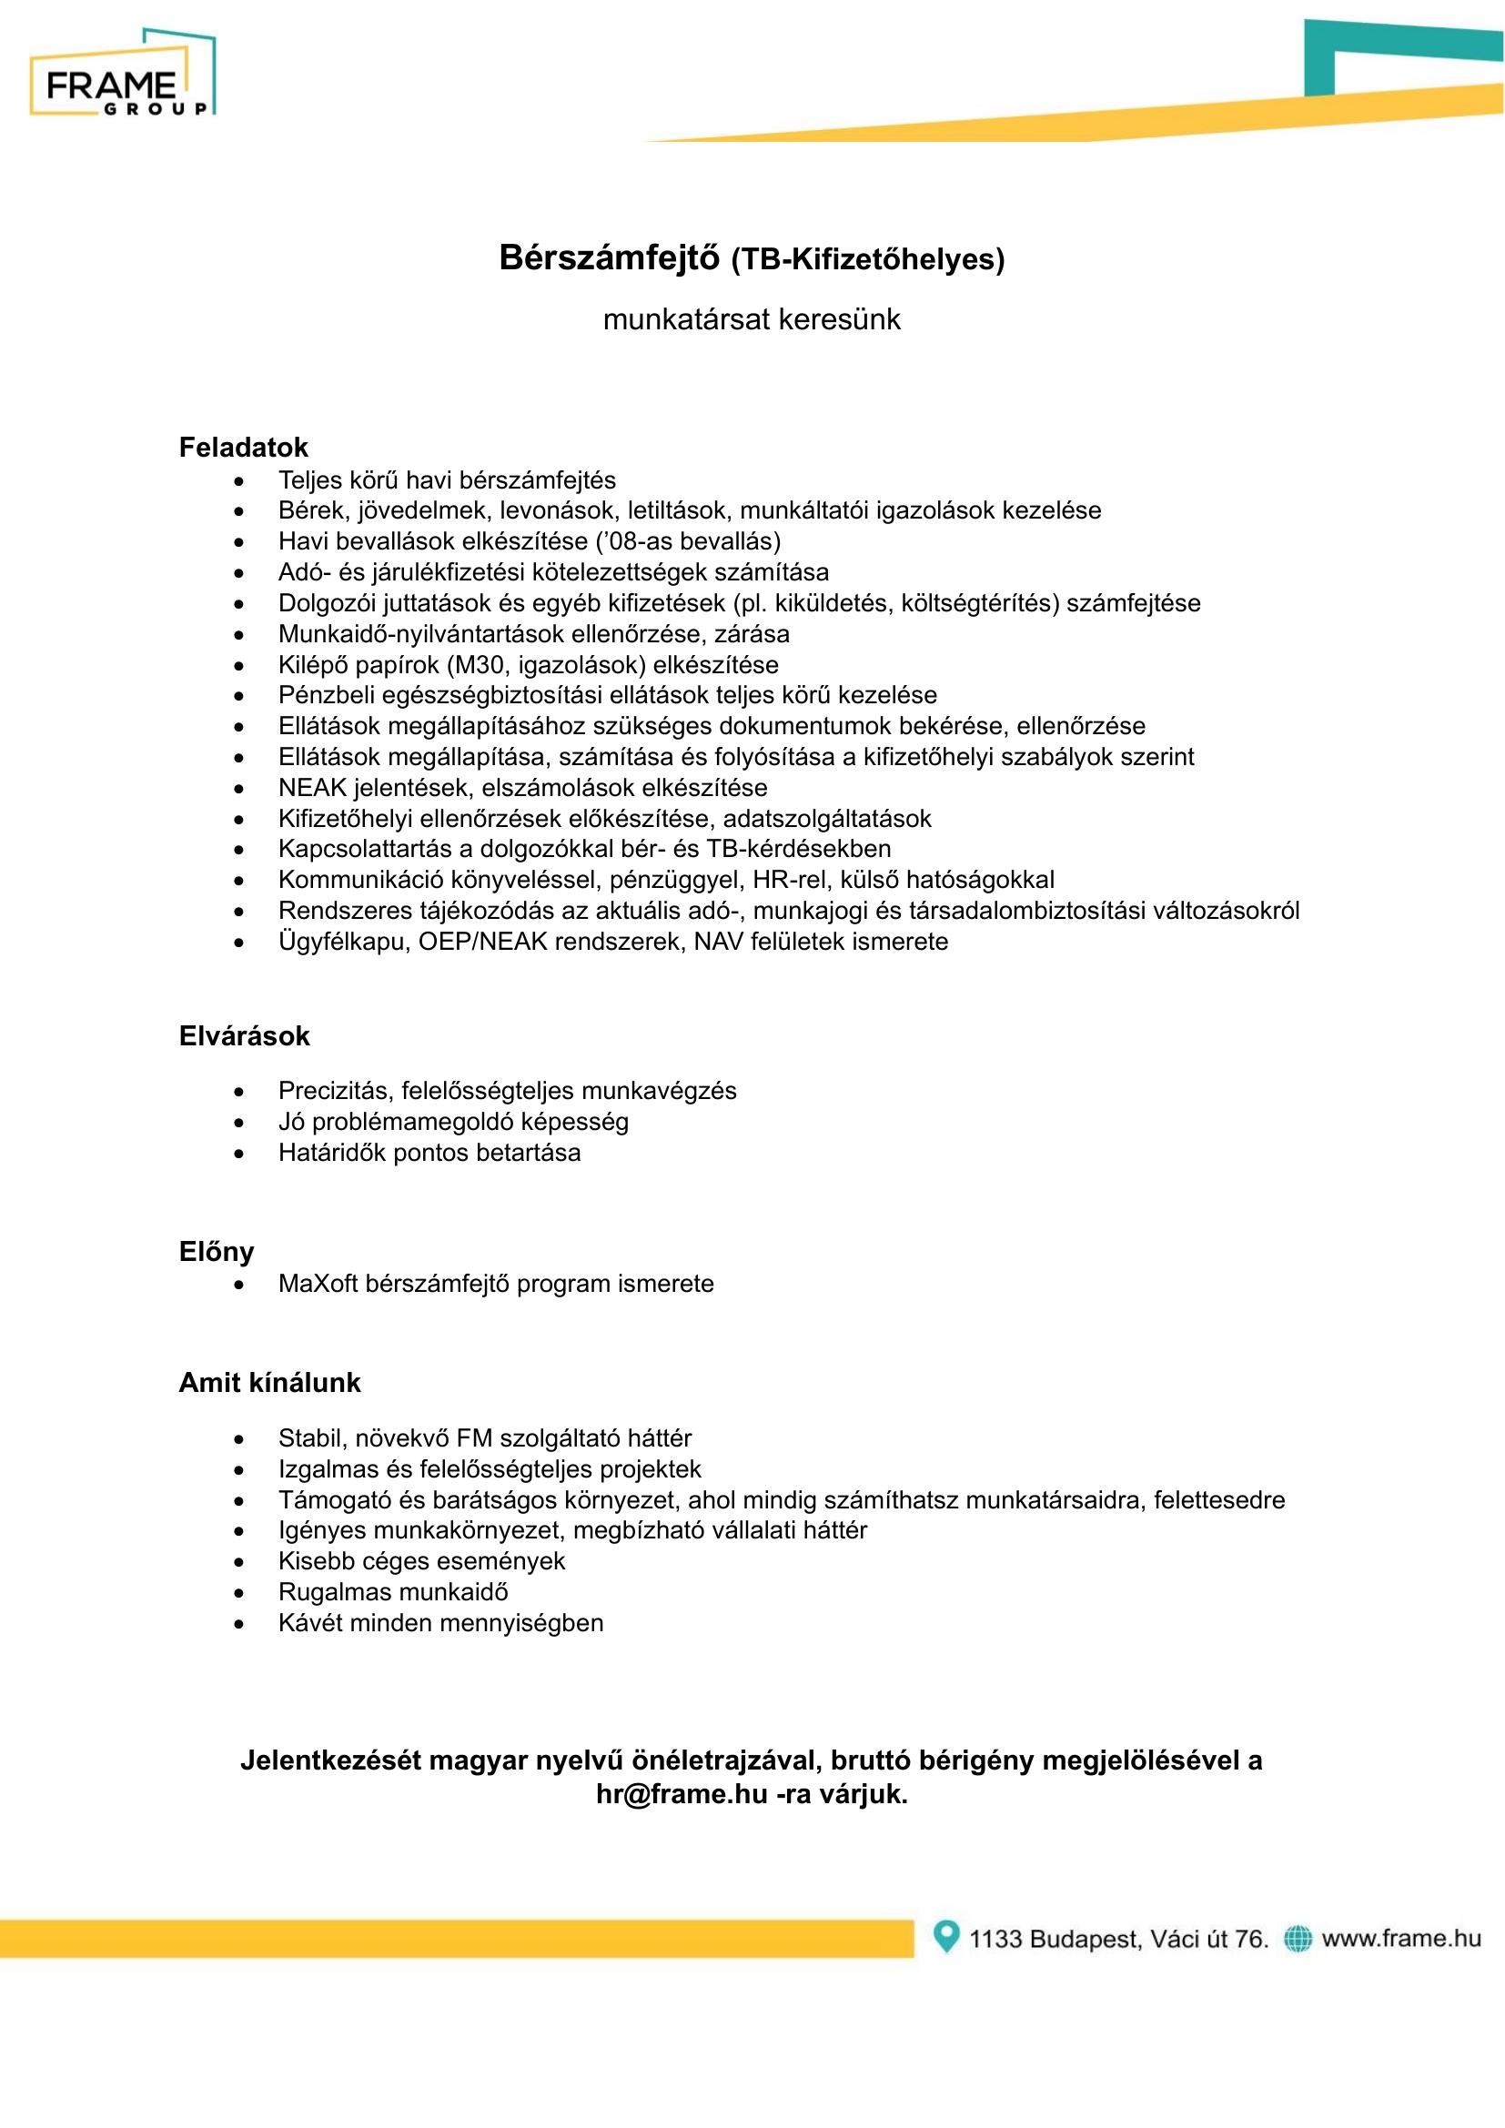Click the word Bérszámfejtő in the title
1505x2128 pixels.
608,257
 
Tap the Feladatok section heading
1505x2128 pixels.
243,448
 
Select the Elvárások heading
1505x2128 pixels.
244,1036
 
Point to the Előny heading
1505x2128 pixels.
216,1252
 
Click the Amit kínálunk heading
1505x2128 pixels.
269,1383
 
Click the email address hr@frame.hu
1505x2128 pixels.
682,1793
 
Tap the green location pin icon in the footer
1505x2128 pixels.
945,1936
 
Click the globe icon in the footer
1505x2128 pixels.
1298,1938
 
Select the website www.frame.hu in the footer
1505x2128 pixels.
1401,1938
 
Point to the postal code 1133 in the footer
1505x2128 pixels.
995,1939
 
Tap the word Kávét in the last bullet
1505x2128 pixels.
308,1623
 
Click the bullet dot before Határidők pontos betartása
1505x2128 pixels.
240,1154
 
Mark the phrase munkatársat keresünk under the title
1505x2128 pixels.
752,319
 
